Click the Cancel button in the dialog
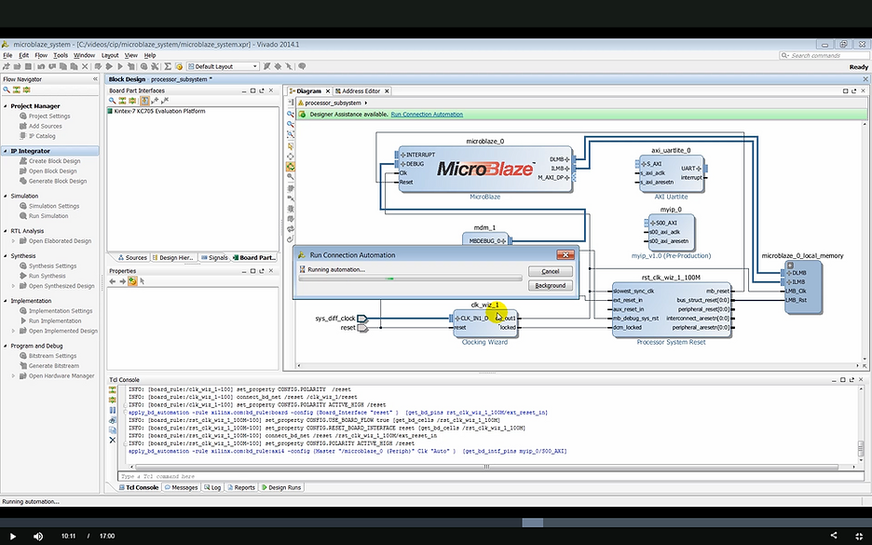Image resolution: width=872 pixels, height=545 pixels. (x=550, y=271)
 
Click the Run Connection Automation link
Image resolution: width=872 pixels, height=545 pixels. (x=427, y=114)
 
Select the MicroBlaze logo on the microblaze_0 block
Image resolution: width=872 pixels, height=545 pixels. (x=484, y=169)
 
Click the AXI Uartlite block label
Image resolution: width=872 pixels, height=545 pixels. (x=670, y=197)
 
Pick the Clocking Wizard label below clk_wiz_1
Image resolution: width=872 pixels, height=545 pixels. (x=485, y=342)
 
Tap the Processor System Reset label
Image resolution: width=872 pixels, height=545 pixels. (x=671, y=343)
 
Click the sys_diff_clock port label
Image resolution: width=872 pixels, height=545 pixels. (x=334, y=319)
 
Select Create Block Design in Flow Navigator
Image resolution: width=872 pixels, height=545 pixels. (x=54, y=161)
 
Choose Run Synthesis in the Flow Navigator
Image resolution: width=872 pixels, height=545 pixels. (x=48, y=276)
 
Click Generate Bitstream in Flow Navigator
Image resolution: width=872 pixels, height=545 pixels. (x=53, y=365)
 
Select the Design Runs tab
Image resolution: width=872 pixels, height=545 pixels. (x=283, y=487)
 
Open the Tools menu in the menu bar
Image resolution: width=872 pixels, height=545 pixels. (x=61, y=55)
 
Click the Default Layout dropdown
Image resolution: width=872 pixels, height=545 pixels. (x=224, y=66)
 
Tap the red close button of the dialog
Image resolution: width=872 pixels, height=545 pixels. (x=565, y=254)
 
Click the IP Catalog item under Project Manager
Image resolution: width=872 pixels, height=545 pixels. (x=42, y=136)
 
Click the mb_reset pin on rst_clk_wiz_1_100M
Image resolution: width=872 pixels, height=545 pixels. (x=716, y=291)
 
